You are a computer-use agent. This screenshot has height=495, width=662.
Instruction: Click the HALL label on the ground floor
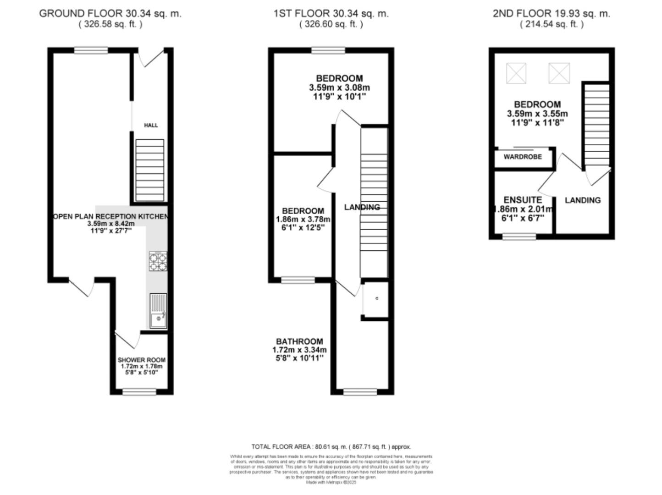(x=151, y=125)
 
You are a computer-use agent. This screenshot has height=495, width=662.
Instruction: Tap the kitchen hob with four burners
(x=158, y=262)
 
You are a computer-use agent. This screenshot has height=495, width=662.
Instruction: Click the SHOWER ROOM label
(x=141, y=360)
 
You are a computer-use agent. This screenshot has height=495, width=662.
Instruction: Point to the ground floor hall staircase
(x=149, y=170)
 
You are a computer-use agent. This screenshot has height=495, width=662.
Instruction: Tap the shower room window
(x=139, y=391)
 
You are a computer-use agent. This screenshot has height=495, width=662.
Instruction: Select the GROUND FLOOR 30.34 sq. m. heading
(x=110, y=14)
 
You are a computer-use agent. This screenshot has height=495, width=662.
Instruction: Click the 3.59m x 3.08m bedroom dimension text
(x=339, y=88)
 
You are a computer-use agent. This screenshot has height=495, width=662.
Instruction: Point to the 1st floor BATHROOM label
(x=299, y=341)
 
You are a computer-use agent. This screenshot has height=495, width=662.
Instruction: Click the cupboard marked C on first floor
(x=376, y=299)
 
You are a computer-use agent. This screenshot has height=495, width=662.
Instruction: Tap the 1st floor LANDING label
(x=362, y=207)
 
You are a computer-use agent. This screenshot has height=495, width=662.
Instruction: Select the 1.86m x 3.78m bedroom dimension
(x=303, y=220)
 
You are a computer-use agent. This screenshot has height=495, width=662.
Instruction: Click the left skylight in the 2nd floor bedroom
(x=516, y=73)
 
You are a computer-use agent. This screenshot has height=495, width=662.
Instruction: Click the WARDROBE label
(x=523, y=157)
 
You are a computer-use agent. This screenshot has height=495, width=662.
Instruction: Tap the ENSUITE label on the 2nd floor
(x=523, y=200)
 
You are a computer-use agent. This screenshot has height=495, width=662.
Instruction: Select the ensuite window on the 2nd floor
(x=519, y=236)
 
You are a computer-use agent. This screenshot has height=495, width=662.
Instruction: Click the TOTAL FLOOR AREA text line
(x=331, y=446)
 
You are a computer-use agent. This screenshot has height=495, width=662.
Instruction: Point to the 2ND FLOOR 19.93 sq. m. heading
(x=552, y=14)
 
